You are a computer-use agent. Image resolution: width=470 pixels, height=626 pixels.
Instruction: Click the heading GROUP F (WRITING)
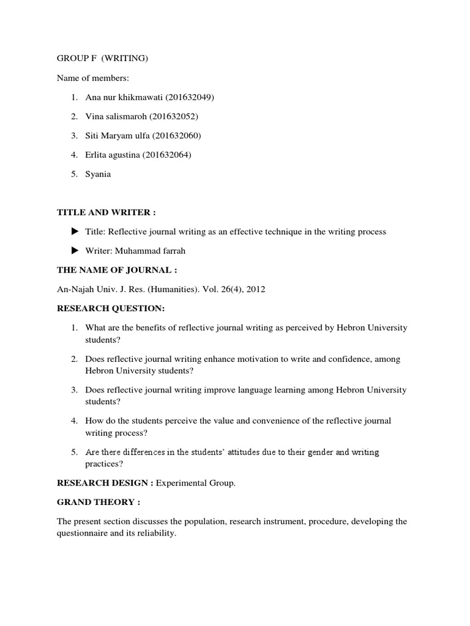click(x=102, y=59)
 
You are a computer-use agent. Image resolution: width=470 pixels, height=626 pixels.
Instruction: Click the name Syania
click(x=99, y=174)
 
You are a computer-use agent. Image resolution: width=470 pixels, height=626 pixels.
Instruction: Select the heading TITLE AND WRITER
click(x=106, y=212)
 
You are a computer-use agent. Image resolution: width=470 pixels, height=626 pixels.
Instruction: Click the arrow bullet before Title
click(x=75, y=231)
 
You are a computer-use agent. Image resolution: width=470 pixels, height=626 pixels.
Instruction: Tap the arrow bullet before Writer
click(x=75, y=251)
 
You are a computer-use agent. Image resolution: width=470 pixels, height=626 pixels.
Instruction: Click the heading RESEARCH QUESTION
click(x=111, y=308)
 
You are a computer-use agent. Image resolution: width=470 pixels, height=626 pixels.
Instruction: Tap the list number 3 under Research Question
click(x=73, y=390)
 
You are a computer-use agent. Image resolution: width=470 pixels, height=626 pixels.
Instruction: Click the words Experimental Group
click(x=195, y=483)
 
